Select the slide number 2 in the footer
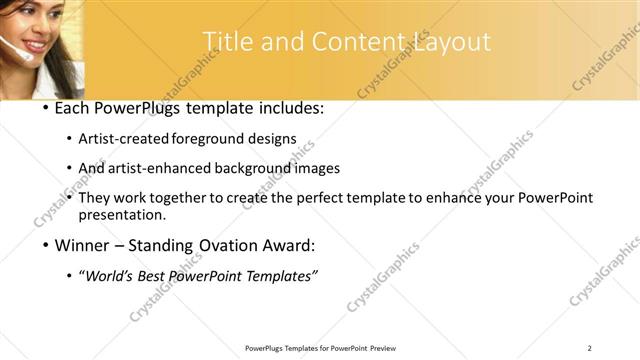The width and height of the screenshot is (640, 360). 590,347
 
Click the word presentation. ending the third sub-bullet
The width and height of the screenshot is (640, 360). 122,214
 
